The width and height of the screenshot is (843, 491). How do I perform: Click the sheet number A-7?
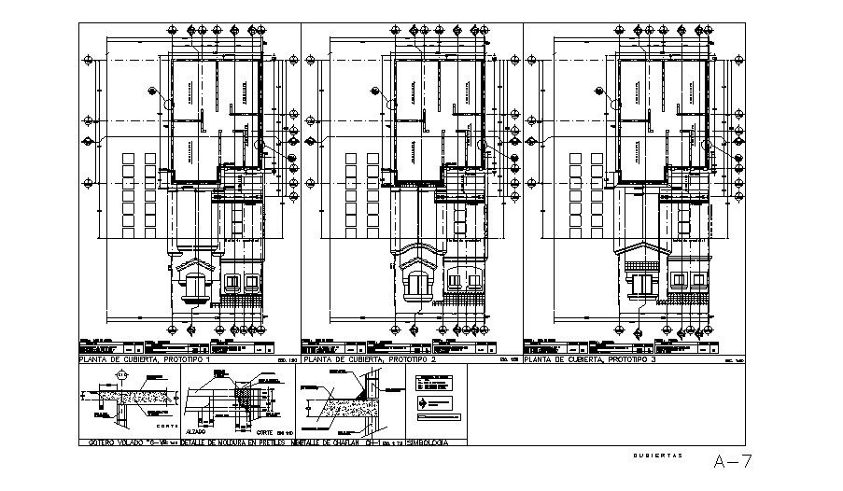coord(733,461)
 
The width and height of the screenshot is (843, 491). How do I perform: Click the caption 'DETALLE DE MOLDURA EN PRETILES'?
coord(238,442)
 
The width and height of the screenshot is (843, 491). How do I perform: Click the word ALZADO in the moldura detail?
coord(194,432)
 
